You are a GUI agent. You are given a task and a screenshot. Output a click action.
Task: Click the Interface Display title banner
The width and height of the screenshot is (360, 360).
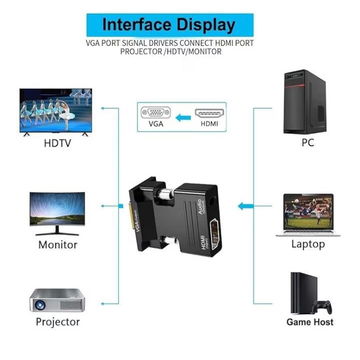pyautogui.click(x=170, y=25)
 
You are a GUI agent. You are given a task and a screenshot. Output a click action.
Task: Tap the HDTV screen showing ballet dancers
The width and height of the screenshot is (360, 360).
pyautogui.click(x=56, y=112)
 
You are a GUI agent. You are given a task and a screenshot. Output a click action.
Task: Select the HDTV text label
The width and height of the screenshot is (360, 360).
pyautogui.click(x=58, y=144)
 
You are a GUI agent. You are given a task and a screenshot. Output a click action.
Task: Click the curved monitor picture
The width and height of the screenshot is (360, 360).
pyautogui.click(x=57, y=214)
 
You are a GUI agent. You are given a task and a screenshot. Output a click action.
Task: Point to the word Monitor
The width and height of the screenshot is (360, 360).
pyautogui.click(x=58, y=245)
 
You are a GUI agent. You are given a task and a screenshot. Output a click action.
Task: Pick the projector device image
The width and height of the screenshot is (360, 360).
pyautogui.click(x=57, y=300)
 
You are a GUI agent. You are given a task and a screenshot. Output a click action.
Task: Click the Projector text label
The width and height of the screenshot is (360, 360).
pyautogui.click(x=58, y=322)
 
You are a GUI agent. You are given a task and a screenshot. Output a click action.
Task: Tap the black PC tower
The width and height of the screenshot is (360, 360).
pyautogui.click(x=305, y=102)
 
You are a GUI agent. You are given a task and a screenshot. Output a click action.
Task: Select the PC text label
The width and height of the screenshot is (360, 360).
pyautogui.click(x=307, y=143)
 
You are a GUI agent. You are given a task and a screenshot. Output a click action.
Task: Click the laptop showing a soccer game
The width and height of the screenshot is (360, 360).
pyautogui.click(x=308, y=215)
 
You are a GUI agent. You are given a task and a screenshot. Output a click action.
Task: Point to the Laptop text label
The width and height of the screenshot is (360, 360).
pyautogui.click(x=308, y=244)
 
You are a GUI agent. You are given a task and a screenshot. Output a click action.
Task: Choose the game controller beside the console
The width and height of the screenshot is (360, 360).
pyautogui.click(x=323, y=307)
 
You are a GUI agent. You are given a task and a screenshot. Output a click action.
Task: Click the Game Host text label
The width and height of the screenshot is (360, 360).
pyautogui.click(x=310, y=322)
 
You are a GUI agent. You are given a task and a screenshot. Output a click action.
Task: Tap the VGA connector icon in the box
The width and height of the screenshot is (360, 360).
pyautogui.click(x=156, y=112)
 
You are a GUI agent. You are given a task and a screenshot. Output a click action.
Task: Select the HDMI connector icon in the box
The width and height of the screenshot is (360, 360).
pyautogui.click(x=209, y=113)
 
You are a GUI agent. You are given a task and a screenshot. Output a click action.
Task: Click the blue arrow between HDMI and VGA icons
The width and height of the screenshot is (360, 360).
pyautogui.click(x=183, y=117)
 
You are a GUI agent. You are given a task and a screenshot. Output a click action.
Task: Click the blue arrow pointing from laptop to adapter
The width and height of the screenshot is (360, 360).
pyautogui.click(x=246, y=206)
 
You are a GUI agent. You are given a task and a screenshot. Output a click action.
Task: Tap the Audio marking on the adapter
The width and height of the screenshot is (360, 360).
pyautogui.click(x=201, y=209)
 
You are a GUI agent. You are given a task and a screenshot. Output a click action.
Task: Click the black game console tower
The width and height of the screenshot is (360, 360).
pyautogui.click(x=303, y=293)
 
